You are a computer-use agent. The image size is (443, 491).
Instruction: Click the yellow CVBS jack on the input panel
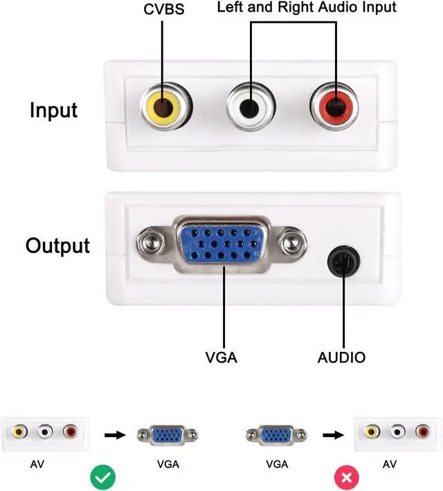[x=165, y=107]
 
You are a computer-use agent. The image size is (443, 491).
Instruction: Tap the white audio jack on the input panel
[x=250, y=107]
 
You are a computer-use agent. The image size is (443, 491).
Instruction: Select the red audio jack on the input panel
[x=334, y=107]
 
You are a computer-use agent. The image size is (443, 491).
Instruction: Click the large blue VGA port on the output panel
[x=221, y=245]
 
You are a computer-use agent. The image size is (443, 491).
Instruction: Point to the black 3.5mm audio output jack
[x=343, y=261]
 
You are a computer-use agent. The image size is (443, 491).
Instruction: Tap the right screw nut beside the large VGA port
[x=293, y=243]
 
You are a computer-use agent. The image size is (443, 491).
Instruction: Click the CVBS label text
[x=163, y=10]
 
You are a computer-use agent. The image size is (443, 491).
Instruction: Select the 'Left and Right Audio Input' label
[x=307, y=7]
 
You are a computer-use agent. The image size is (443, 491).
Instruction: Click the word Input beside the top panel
[x=53, y=110]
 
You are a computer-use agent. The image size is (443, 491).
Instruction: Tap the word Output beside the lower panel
[x=57, y=246]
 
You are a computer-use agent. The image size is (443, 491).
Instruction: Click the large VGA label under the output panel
[x=221, y=358]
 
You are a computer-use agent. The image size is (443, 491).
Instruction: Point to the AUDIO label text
[x=341, y=358]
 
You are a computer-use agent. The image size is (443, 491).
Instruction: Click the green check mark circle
[x=103, y=478]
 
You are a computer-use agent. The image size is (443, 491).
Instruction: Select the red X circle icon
[x=346, y=478]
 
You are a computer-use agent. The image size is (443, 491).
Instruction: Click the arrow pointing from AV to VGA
[x=115, y=435]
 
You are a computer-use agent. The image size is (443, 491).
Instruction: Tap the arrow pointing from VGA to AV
[x=333, y=435]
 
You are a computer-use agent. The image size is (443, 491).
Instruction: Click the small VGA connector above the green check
[x=168, y=435]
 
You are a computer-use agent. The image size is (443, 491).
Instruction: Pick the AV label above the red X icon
[x=390, y=464]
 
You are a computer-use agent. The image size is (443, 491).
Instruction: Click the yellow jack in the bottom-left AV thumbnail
[x=19, y=432]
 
